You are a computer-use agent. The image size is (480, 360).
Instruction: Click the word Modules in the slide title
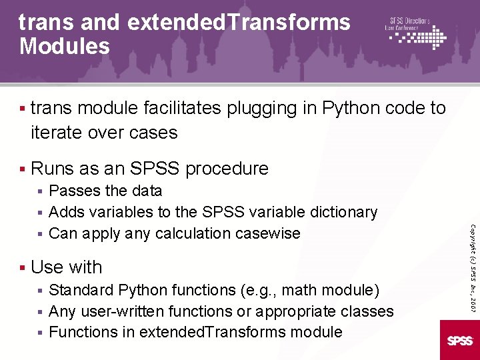tap(65, 46)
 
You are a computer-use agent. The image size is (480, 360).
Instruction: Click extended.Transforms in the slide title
tap(238, 22)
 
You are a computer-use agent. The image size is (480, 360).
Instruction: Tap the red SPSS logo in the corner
tap(460, 340)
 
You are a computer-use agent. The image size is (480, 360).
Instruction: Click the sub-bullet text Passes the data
tap(105, 191)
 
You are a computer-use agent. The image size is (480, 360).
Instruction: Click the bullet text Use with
tap(67, 267)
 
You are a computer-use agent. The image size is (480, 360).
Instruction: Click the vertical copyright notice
tap(472, 267)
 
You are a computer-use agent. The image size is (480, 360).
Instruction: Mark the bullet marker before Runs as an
tap(22, 169)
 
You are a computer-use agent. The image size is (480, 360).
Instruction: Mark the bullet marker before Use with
tap(22, 267)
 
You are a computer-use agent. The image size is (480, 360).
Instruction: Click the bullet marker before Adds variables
tap(41, 213)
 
